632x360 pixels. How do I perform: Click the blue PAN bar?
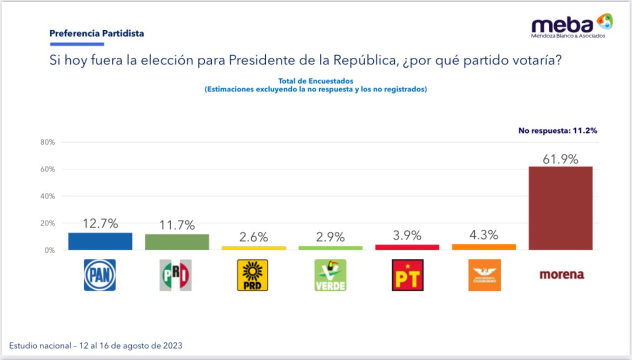(100, 241)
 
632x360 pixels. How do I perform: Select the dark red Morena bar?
(561, 208)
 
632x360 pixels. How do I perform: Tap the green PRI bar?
(177, 242)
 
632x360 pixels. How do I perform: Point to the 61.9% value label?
(561, 159)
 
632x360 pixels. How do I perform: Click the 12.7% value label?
(100, 224)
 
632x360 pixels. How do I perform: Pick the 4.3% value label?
(483, 235)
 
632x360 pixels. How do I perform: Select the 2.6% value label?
(253, 237)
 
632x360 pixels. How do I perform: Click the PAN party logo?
(100, 275)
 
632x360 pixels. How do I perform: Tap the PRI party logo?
(176, 275)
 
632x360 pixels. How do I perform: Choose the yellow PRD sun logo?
(252, 275)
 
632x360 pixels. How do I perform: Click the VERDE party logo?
(330, 275)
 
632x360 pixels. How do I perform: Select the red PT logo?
(407, 275)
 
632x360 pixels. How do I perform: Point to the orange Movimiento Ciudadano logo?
(484, 275)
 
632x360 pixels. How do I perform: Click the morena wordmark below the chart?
(562, 275)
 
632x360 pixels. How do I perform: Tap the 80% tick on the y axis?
(48, 142)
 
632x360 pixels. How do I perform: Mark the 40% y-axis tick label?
(48, 196)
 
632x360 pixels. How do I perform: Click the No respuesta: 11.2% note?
(557, 130)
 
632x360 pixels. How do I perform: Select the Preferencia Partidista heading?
(97, 34)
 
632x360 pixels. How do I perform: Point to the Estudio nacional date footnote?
(96, 345)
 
